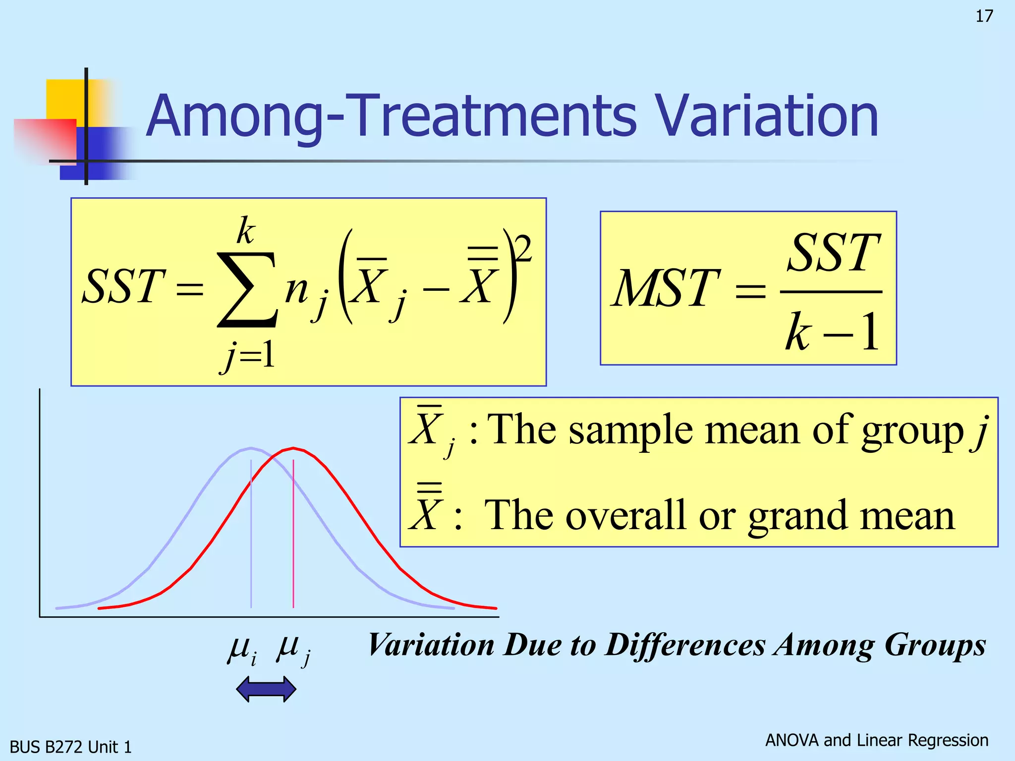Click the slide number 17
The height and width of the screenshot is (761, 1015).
[984, 16]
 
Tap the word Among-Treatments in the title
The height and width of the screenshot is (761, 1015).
[392, 116]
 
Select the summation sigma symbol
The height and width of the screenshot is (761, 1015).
[246, 290]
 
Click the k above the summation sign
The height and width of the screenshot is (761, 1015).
[245, 230]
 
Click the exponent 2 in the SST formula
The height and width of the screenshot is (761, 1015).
[523, 249]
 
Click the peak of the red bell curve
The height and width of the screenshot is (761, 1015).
[293, 449]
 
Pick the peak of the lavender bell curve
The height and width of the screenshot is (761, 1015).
[251, 449]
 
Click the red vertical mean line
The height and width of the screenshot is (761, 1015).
[293, 535]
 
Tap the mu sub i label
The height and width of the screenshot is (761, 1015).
[242, 649]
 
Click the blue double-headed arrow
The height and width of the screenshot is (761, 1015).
[266, 689]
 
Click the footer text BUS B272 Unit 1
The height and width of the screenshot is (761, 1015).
[71, 747]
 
